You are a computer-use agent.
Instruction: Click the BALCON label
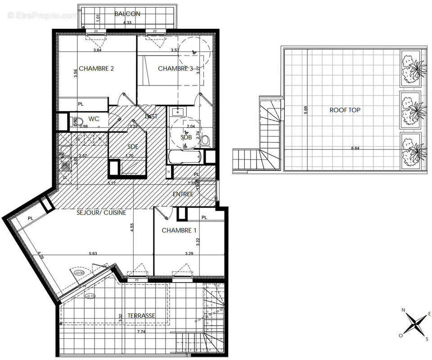[x=127, y=14]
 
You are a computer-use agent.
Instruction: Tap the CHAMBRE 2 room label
[x=96, y=69]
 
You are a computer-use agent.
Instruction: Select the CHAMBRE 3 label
[x=175, y=69]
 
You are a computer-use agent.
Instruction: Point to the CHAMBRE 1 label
[x=179, y=230]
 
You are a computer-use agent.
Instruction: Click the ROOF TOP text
[x=345, y=110]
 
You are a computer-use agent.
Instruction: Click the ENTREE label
[x=183, y=194]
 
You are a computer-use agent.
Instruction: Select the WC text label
[x=94, y=119]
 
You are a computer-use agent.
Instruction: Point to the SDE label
[x=133, y=146]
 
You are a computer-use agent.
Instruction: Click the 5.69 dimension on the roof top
[x=306, y=110]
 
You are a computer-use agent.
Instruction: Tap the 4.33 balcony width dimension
[x=127, y=22]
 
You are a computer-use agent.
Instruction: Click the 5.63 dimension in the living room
[x=93, y=253]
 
